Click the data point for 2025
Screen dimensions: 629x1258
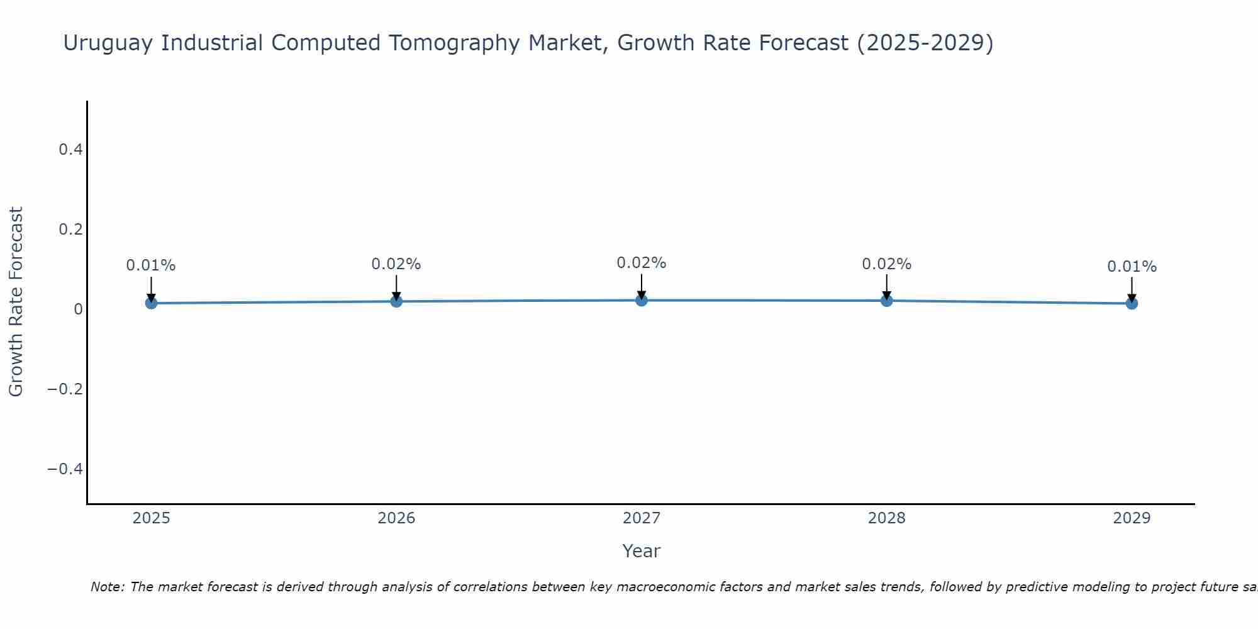pyautogui.click(x=151, y=303)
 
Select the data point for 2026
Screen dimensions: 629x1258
pyautogui.click(x=396, y=301)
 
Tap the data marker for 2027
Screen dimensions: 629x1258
pyautogui.click(x=642, y=300)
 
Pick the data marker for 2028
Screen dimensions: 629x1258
pyautogui.click(x=887, y=301)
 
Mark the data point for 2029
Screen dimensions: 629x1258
pyautogui.click(x=1132, y=303)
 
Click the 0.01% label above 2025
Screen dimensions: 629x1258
pyautogui.click(x=151, y=265)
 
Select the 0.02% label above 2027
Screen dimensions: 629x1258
pyautogui.click(x=642, y=263)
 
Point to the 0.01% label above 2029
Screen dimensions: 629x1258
pyautogui.click(x=1132, y=267)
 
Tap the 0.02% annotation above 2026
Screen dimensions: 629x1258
pyautogui.click(x=396, y=264)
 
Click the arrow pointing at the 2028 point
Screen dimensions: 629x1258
pyautogui.click(x=887, y=287)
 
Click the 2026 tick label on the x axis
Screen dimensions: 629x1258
pyautogui.click(x=396, y=518)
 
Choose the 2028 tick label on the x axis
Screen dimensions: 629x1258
pyautogui.click(x=887, y=518)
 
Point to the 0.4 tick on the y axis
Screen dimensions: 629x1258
pyautogui.click(x=70, y=150)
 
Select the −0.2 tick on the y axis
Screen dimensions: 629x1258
pyautogui.click(x=65, y=389)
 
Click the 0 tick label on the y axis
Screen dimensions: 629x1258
pyautogui.click(x=78, y=309)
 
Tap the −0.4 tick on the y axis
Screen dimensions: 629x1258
pyautogui.click(x=65, y=469)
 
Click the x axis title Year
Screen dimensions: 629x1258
pyautogui.click(x=641, y=551)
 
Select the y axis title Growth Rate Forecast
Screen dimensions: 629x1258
pyautogui.click(x=16, y=302)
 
